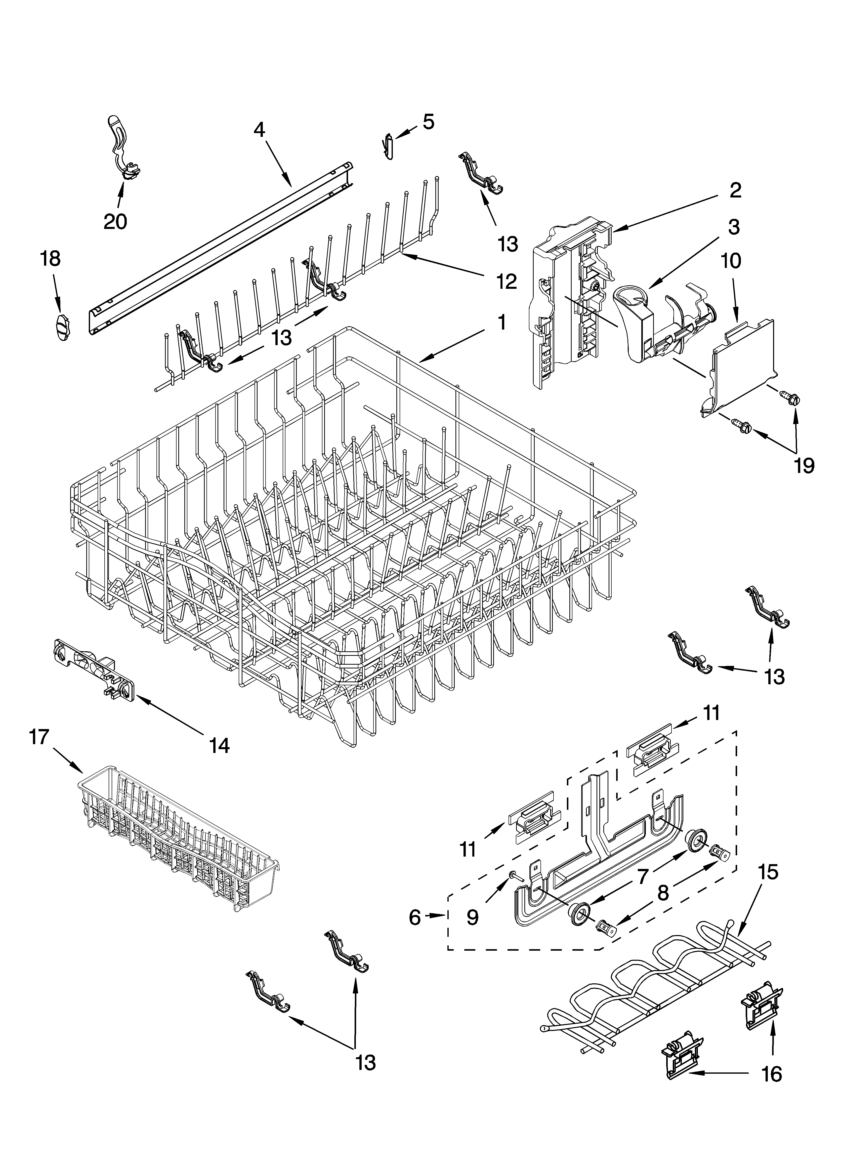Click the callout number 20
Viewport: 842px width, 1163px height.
[115, 222]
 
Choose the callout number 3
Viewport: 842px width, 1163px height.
[734, 227]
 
